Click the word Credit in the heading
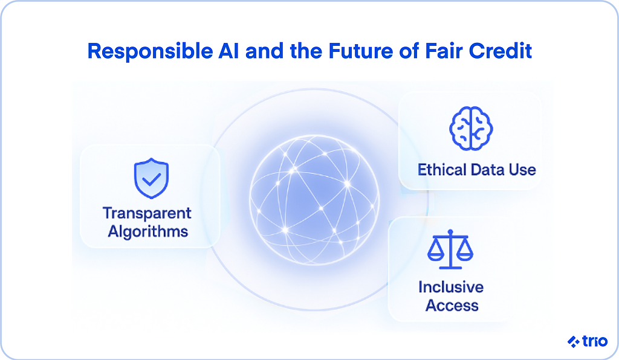(503, 51)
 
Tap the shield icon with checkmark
(151, 178)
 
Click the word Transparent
(147, 213)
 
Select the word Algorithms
(148, 231)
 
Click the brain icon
(471, 128)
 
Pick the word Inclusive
(451, 286)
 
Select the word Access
(452, 305)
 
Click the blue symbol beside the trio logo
(574, 342)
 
